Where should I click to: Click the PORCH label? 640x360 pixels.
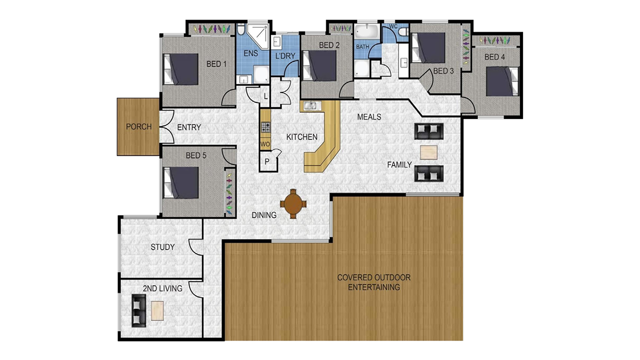pyautogui.click(x=138, y=126)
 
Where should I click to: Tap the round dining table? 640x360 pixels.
pyautogui.click(x=293, y=204)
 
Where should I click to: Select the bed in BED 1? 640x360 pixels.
pyautogui.click(x=181, y=69)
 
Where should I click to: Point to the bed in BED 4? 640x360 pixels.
pyautogui.click(x=503, y=81)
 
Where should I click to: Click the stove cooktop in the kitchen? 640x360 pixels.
pyautogui.click(x=265, y=127)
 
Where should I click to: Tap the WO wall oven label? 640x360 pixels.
pyautogui.click(x=264, y=144)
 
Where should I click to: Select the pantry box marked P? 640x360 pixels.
pyautogui.click(x=267, y=161)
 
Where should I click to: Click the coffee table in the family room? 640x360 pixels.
pyautogui.click(x=428, y=152)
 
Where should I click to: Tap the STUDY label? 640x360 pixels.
pyautogui.click(x=162, y=247)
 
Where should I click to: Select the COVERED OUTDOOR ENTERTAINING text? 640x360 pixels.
pyautogui.click(x=373, y=282)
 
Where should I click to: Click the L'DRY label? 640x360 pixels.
pyautogui.click(x=285, y=56)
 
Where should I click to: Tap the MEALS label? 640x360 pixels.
pyautogui.click(x=369, y=117)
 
